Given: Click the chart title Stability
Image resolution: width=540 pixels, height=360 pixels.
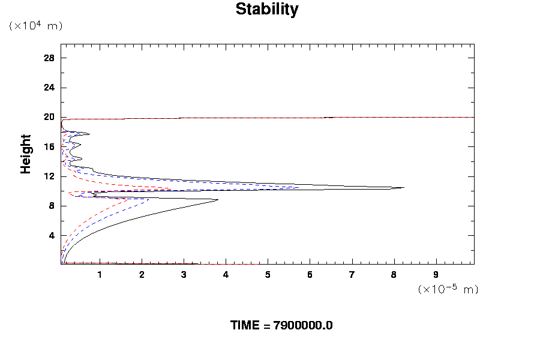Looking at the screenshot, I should (x=266, y=10).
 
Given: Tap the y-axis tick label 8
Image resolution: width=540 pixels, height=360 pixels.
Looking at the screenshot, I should (x=52, y=206).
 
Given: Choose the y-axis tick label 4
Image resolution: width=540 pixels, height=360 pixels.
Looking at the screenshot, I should (x=52, y=235).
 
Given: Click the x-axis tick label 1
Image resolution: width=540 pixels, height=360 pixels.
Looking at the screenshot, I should (x=100, y=275).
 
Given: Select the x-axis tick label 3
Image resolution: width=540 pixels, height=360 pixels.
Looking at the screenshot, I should (x=184, y=275).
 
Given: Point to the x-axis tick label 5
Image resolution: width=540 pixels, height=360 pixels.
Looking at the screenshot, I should (x=268, y=275).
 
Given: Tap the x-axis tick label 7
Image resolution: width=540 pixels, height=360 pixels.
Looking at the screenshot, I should (x=352, y=275).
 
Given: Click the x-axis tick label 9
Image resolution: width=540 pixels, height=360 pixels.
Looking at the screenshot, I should (x=436, y=275).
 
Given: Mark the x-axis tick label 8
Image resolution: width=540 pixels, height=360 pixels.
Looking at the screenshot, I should (x=394, y=275).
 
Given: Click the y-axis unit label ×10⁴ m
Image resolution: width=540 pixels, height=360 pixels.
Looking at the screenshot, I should (x=35, y=26).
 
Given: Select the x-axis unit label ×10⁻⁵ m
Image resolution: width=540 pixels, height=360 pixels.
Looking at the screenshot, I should (x=448, y=289).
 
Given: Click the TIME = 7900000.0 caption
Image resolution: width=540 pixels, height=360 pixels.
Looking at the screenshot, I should (x=281, y=325).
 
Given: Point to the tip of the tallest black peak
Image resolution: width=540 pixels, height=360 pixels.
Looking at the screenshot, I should (x=404, y=187).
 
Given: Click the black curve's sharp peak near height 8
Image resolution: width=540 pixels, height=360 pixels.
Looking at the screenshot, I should (x=218, y=200).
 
